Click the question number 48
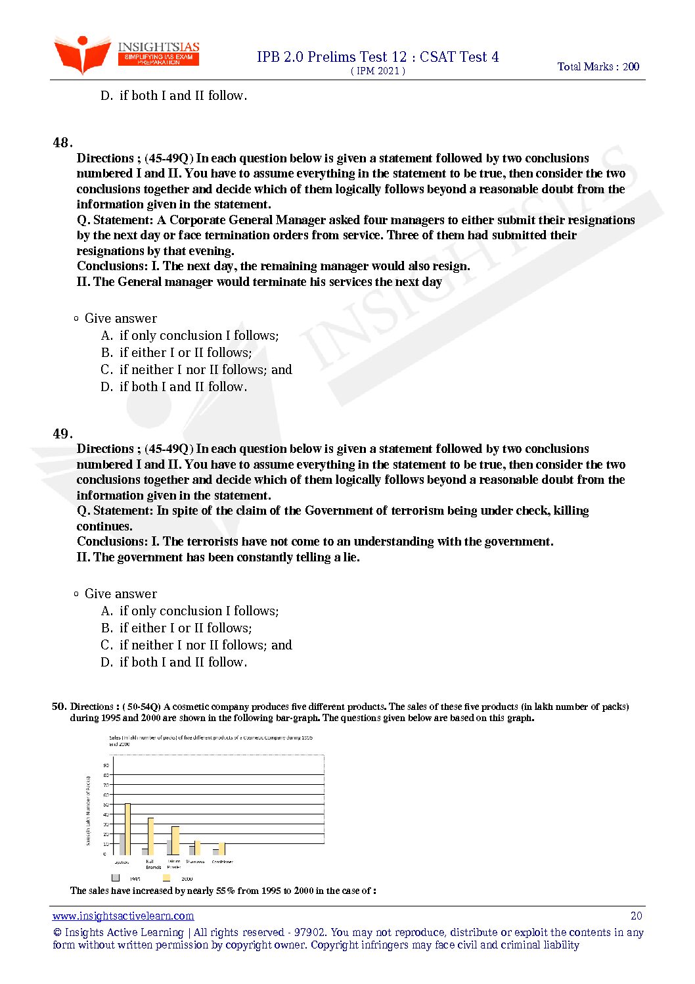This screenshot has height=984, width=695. (x=62, y=143)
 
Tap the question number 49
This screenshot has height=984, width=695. (x=62, y=434)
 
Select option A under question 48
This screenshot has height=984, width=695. (x=190, y=336)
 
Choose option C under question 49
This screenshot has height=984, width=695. (x=196, y=645)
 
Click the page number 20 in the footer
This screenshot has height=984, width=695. (x=636, y=916)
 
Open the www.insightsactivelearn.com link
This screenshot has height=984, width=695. (x=123, y=916)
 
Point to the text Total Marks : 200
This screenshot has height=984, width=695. (x=598, y=66)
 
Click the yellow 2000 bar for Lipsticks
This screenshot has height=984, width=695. (x=128, y=829)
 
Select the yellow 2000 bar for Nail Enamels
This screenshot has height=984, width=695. (x=151, y=836)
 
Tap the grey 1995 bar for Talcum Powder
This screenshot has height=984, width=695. (x=169, y=847)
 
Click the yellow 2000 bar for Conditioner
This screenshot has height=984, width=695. (x=222, y=849)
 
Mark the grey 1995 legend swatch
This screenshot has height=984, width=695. (x=116, y=878)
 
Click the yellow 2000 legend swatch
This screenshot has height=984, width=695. (x=167, y=878)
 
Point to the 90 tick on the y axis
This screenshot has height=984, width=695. (x=106, y=765)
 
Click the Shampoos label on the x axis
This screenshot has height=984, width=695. (x=195, y=861)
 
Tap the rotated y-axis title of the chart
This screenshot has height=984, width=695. (x=88, y=810)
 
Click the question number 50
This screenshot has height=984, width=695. (x=59, y=707)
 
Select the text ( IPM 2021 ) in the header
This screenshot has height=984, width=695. (x=378, y=71)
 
